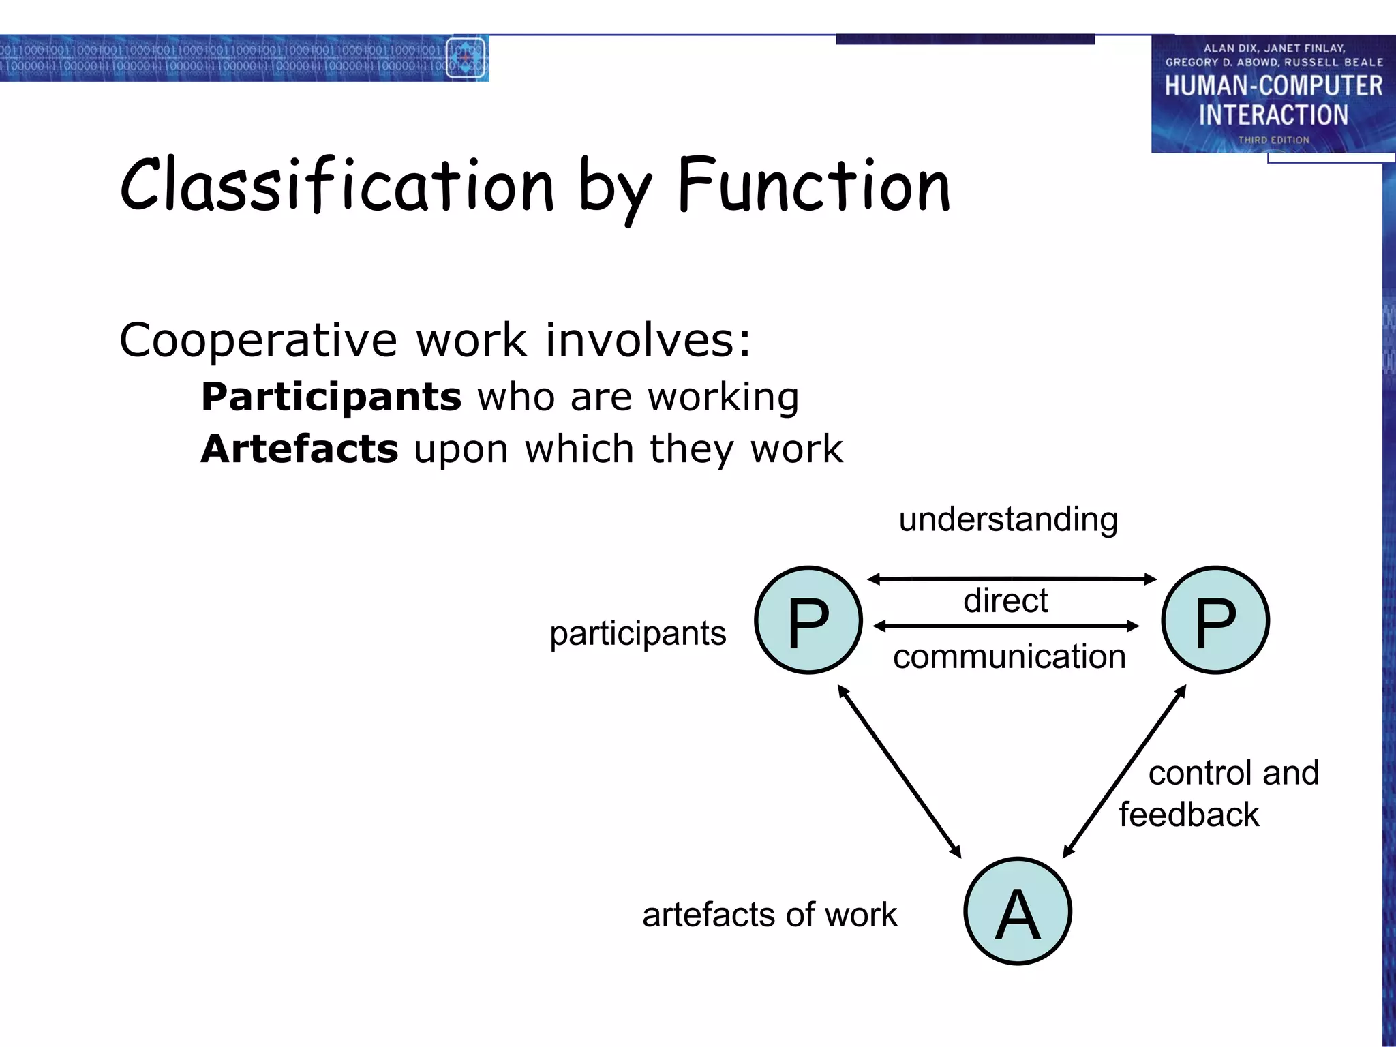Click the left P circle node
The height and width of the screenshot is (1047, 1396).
tap(808, 620)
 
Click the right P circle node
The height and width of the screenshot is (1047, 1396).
tap(1215, 620)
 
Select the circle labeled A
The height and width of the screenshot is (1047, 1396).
tap(1018, 911)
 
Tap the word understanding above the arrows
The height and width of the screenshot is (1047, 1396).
tap(1008, 520)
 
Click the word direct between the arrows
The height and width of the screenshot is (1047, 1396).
tap(1005, 601)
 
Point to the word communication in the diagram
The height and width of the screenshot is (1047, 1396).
tap(1009, 656)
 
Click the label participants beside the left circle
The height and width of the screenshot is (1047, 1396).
tap(638, 633)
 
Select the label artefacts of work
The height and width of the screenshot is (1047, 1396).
tap(770, 915)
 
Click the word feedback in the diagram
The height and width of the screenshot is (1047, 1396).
tap(1189, 815)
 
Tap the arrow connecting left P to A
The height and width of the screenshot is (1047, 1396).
tap(899, 771)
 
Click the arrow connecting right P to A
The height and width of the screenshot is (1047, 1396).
tap(1125, 771)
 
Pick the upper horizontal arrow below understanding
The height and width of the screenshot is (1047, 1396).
tap(1012, 579)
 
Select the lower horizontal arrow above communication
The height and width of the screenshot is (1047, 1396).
tap(1005, 626)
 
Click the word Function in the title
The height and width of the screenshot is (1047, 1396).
tap(814, 185)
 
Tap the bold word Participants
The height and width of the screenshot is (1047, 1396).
tap(331, 397)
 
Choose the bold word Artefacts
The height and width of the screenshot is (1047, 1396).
tap(299, 449)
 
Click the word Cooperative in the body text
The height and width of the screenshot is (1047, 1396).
tap(258, 340)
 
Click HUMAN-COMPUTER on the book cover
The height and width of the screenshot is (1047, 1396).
tap(1273, 86)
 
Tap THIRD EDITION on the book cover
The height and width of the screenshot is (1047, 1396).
tap(1273, 140)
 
